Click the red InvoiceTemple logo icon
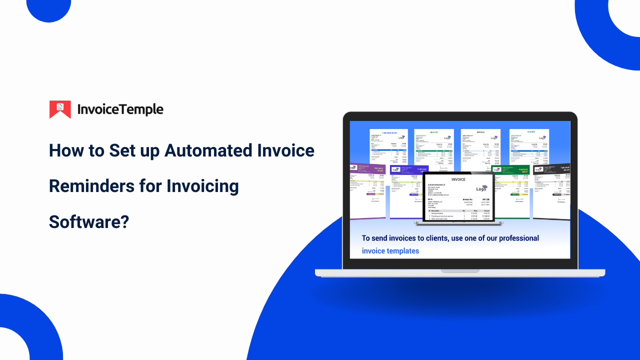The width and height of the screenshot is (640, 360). click(x=60, y=109)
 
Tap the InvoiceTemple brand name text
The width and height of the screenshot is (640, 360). click(x=120, y=109)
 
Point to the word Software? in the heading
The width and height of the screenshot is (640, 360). click(x=89, y=221)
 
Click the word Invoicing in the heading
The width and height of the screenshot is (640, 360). click(x=202, y=186)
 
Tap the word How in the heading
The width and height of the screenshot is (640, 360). click(x=69, y=150)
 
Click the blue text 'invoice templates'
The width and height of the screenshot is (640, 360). click(x=390, y=251)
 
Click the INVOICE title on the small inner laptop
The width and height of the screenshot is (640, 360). click(x=458, y=179)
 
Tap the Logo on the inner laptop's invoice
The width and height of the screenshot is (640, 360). click(x=481, y=188)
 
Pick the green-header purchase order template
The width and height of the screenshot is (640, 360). click(x=514, y=190)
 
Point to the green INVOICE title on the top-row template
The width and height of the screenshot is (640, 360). click(x=434, y=132)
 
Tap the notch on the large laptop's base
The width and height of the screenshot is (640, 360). click(x=459, y=271)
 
